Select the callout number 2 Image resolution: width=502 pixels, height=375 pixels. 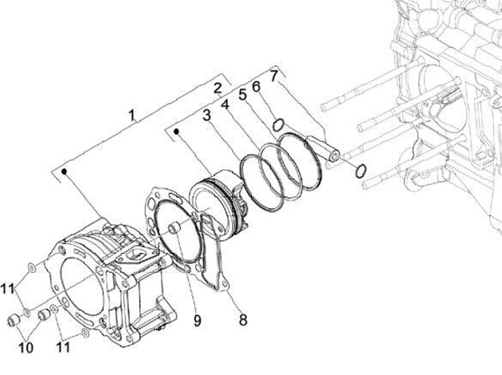point(218,88)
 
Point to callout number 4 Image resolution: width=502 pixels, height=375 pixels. point(225,105)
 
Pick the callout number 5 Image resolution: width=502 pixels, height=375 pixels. point(243,95)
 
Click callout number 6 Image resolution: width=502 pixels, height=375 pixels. point(256,86)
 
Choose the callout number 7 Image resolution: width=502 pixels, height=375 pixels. point(273,74)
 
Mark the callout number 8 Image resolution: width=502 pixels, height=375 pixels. point(243,320)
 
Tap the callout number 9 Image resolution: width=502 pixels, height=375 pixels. point(197,320)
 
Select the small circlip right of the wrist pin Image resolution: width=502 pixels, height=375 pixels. point(362,171)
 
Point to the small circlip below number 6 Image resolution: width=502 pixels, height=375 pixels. point(277,125)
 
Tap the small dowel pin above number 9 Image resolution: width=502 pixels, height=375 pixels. point(176,228)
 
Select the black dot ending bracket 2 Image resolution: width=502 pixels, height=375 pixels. point(177,130)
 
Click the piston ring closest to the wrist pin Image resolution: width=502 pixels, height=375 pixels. point(299,162)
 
